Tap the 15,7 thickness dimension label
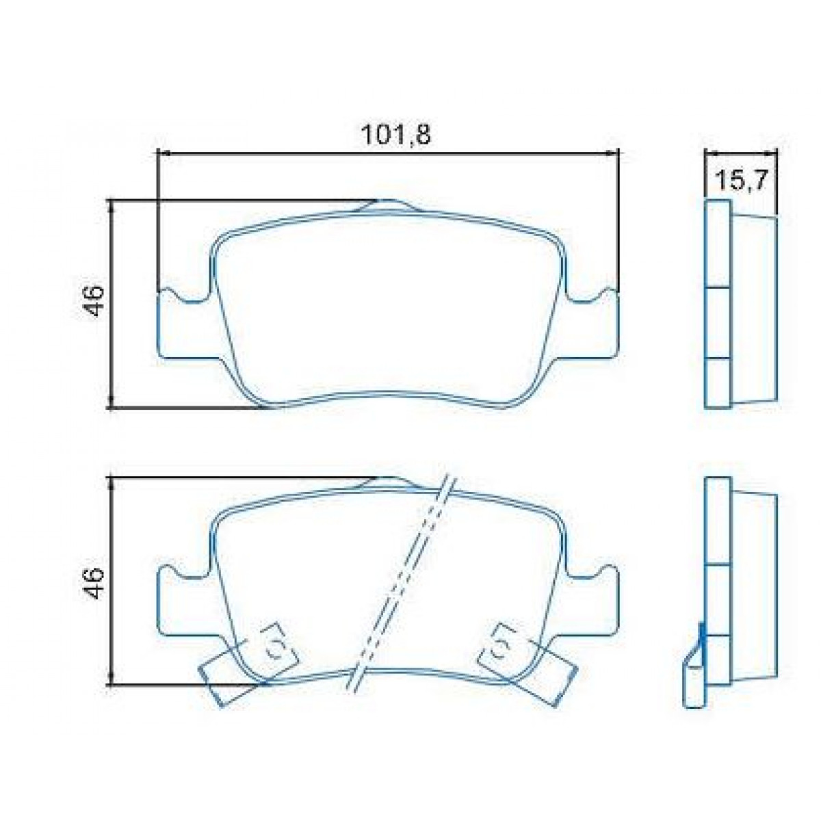tap(743, 181)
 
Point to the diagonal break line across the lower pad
tap(404, 582)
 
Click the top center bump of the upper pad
tap(390, 203)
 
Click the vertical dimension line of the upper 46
tap(110, 304)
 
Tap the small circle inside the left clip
tap(277, 648)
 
